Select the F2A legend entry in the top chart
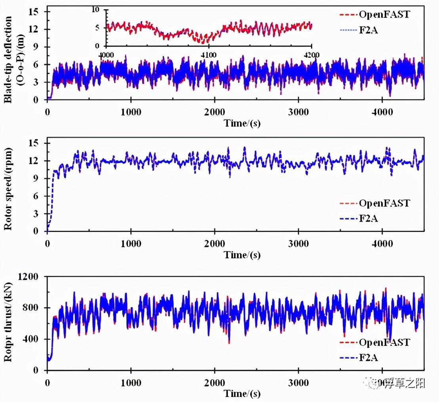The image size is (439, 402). click(x=368, y=29)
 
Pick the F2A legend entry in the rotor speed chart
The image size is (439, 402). click(x=368, y=218)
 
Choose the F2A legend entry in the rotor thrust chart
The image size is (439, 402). click(x=368, y=358)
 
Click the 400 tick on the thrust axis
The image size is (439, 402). click(x=36, y=339)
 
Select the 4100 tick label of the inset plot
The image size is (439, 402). click(x=209, y=55)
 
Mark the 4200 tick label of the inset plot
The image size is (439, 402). click(x=311, y=55)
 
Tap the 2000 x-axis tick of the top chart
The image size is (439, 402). click(x=214, y=112)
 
